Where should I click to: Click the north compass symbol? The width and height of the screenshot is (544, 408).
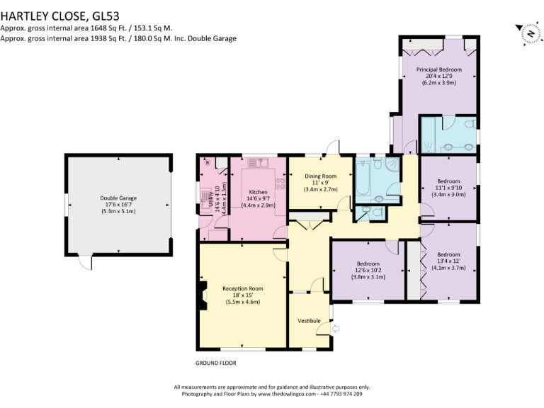[528, 33]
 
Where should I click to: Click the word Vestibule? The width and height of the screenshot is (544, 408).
[309, 321]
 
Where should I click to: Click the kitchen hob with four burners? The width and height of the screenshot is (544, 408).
[279, 183]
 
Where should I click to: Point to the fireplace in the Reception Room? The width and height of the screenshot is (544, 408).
[203, 293]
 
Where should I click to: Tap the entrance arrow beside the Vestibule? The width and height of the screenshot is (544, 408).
[336, 327]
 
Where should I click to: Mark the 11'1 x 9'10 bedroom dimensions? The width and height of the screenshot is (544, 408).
[448, 187]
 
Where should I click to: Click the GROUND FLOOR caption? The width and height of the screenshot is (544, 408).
[215, 363]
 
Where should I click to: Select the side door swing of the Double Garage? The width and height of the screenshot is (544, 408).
[85, 263]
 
